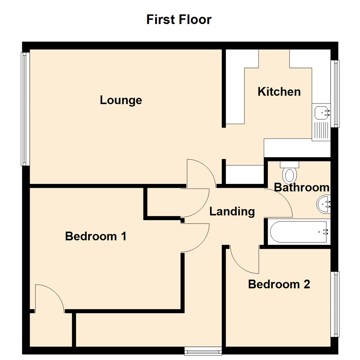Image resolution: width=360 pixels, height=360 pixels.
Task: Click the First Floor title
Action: (179, 20)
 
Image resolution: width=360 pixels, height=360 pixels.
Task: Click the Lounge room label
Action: (121, 100)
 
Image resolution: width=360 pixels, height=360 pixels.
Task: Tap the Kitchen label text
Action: (279, 91)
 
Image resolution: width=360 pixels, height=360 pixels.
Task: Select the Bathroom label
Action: (302, 188)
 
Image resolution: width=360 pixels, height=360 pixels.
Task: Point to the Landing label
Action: (232, 211)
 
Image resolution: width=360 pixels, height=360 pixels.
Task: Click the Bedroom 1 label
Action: (96, 236)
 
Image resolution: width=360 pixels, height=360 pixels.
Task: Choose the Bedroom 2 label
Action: (279, 284)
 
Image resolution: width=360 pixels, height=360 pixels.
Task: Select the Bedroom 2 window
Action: (336, 304)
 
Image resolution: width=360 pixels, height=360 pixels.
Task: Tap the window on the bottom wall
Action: (203, 350)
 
